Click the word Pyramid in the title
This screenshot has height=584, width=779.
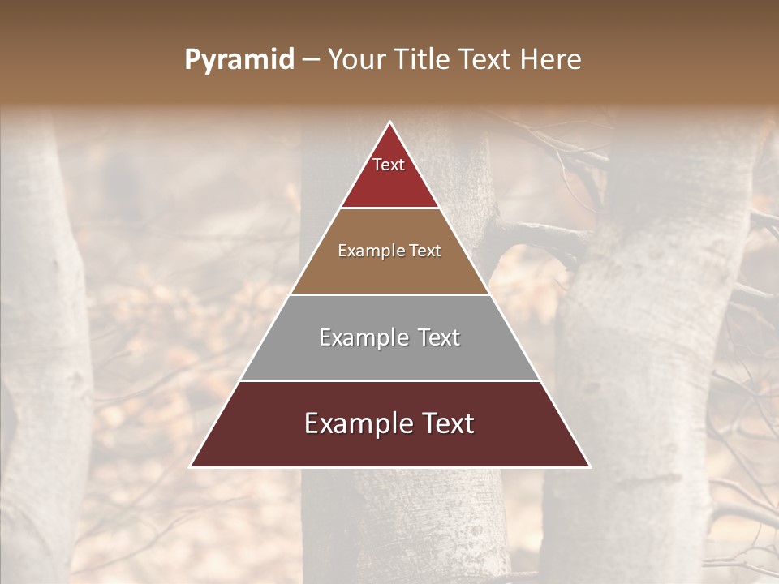click(239, 60)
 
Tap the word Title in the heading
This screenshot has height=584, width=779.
click(423, 60)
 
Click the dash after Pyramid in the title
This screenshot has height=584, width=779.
click(310, 60)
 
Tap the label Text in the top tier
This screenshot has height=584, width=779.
click(389, 165)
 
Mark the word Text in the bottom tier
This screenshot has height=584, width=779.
click(445, 423)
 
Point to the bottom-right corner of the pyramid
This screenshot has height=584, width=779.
click(589, 466)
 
